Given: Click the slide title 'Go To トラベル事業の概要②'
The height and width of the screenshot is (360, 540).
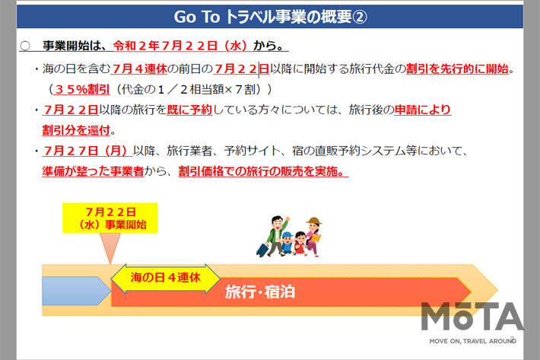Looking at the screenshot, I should (270, 16).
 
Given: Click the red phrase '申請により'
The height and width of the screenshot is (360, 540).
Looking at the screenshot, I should (423, 109).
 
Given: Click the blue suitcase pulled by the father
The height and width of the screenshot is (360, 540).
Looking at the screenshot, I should (263, 249).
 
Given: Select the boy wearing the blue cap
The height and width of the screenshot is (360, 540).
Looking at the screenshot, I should (287, 242).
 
